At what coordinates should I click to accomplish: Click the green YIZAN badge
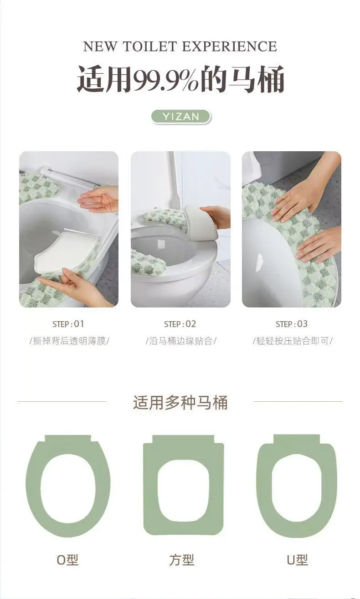click(181, 117)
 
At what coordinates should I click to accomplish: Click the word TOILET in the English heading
click(150, 46)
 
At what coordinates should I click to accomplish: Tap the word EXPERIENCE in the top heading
click(230, 46)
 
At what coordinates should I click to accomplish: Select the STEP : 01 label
click(68, 324)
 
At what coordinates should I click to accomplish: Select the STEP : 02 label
click(180, 324)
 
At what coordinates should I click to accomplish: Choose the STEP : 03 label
click(292, 324)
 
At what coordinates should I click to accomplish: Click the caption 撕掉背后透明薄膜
click(69, 341)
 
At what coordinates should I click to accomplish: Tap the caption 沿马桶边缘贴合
click(181, 341)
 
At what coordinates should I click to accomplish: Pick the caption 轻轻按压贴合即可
click(293, 341)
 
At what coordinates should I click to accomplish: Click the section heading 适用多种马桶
click(180, 403)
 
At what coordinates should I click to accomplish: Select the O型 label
click(67, 560)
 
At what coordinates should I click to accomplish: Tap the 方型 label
click(182, 560)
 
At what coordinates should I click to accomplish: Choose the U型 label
click(297, 560)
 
